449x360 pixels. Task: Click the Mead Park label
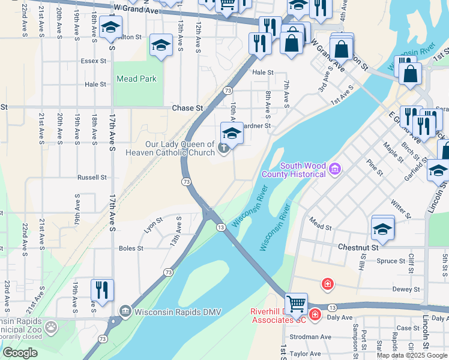[x=137, y=79]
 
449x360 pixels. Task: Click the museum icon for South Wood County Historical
[x=335, y=170]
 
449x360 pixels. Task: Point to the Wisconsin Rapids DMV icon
[x=125, y=311]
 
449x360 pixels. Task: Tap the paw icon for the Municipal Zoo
[x=52, y=327]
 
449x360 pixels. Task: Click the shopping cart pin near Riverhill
[x=296, y=304]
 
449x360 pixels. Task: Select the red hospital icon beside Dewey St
[x=327, y=283]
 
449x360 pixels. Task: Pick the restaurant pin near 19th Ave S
[x=102, y=290]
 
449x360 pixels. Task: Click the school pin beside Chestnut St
[x=382, y=228]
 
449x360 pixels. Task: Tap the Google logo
[x=20, y=353]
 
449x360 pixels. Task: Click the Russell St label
[x=92, y=178]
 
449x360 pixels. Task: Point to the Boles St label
[x=131, y=248]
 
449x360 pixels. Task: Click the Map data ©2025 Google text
[x=412, y=355]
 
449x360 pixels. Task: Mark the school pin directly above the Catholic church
[x=231, y=133]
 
